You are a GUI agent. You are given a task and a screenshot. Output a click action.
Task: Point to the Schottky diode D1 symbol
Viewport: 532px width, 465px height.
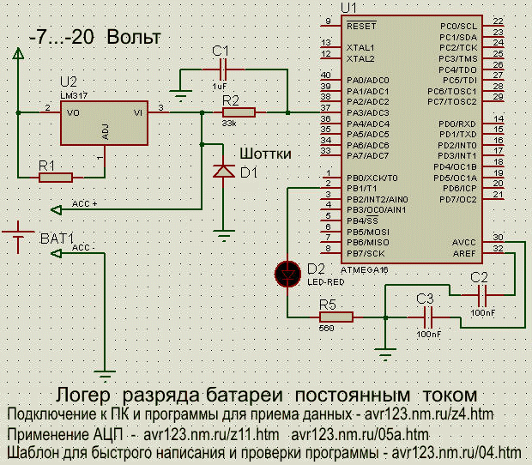pos(223,172)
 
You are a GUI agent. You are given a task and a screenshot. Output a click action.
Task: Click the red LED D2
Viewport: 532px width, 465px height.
pos(288,274)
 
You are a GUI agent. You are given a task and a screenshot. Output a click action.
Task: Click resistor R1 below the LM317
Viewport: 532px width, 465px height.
pos(56,177)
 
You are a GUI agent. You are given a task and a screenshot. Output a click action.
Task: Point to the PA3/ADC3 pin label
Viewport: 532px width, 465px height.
pos(368,112)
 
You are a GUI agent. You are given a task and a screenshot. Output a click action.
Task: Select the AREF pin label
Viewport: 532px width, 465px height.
pos(463,253)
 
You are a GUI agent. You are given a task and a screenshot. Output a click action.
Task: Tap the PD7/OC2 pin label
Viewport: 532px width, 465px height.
pos(456,198)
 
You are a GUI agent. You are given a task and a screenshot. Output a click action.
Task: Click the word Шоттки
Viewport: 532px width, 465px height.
pos(265,154)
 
